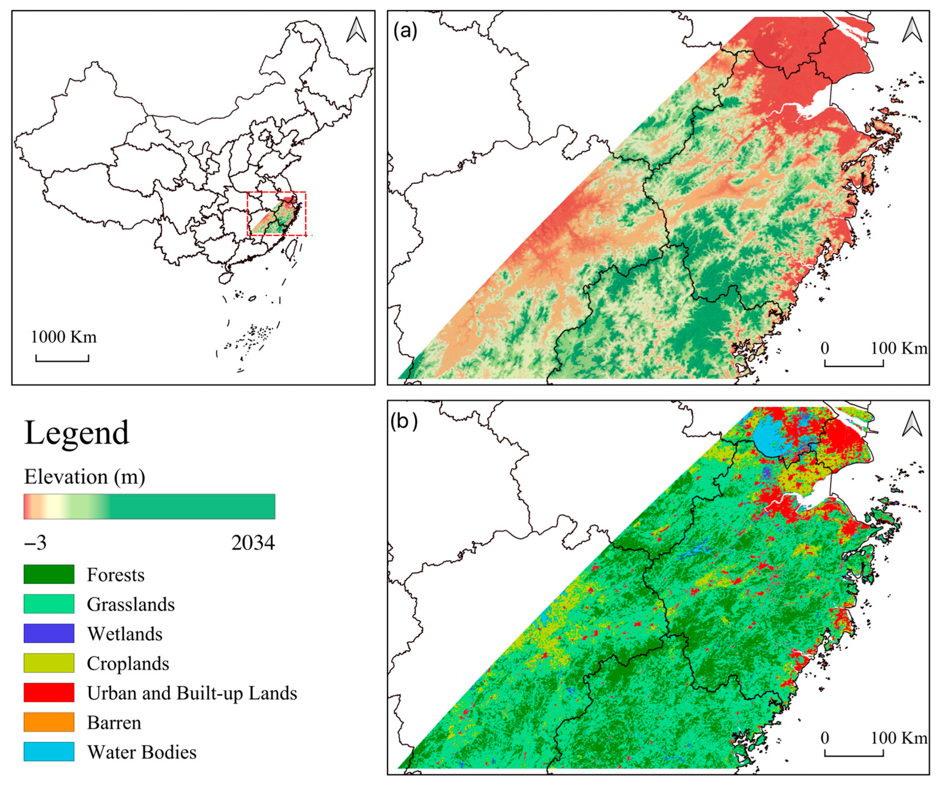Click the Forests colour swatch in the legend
pyautogui.click(x=49, y=574)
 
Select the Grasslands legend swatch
pyautogui.click(x=49, y=604)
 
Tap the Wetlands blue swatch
pyautogui.click(x=49, y=633)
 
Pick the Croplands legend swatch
pyautogui.click(x=49, y=663)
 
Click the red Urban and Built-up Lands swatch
pyautogui.click(x=49, y=692)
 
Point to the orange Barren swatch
pyautogui.click(x=49, y=722)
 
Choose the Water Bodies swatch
pyautogui.click(x=49, y=751)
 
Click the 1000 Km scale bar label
pyautogui.click(x=64, y=337)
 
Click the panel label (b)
pyautogui.click(x=404, y=421)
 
